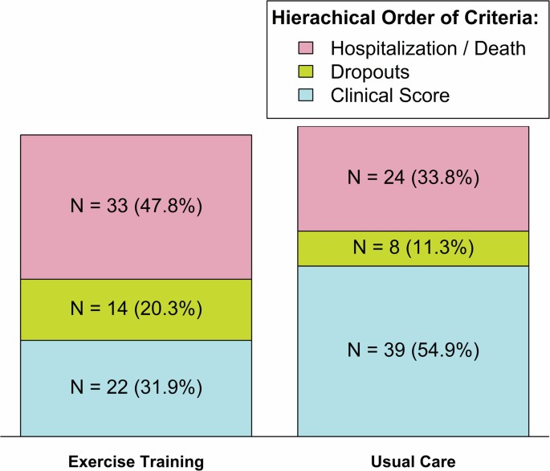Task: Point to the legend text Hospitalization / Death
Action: click(x=428, y=49)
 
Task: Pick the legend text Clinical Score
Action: click(x=390, y=96)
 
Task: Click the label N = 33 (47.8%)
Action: click(x=136, y=207)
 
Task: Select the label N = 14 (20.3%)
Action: click(x=136, y=309)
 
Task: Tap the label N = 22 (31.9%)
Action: click(x=136, y=387)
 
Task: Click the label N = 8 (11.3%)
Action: click(x=413, y=248)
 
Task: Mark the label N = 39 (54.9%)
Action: click(x=413, y=350)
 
